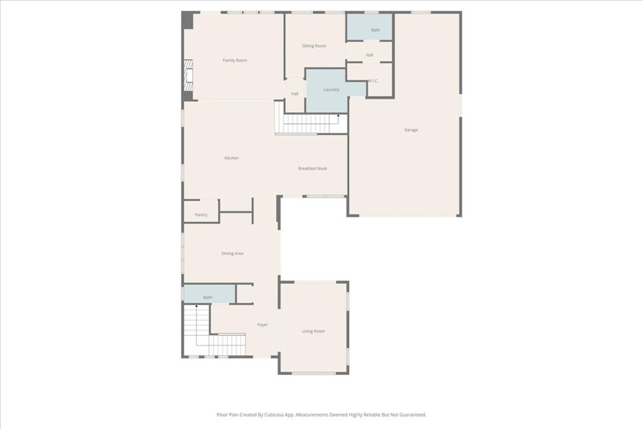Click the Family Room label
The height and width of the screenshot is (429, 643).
235,60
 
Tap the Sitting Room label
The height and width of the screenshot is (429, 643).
314,46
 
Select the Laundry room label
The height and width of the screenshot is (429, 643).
332,90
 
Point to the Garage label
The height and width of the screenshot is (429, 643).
411,130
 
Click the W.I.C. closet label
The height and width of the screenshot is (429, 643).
372,80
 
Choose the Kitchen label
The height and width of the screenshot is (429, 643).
232,158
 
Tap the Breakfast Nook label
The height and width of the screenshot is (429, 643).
312,168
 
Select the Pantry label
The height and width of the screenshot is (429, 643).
201,215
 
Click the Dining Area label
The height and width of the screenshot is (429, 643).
232,254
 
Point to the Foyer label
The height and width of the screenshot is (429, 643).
262,325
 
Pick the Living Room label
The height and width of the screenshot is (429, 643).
313,331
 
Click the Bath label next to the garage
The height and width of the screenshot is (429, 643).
376,30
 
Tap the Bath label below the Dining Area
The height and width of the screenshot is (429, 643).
208,297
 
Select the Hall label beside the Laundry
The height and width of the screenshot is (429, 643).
294,94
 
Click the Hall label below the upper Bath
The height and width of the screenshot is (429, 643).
370,55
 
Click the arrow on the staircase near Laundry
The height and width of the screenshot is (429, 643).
339,116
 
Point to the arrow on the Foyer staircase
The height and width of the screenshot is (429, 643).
197,306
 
